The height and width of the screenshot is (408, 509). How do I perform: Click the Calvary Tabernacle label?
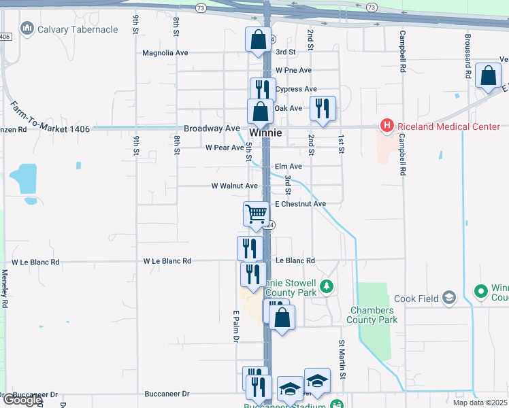78,29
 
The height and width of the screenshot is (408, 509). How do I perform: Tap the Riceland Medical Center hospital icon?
387,126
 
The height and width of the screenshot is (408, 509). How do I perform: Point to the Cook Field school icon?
449,297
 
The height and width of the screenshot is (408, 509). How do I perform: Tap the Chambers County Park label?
373,315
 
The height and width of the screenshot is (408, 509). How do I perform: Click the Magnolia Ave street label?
165,52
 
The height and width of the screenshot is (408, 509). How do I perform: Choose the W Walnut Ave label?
234,186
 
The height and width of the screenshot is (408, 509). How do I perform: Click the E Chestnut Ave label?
300,204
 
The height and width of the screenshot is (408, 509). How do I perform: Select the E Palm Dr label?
237,326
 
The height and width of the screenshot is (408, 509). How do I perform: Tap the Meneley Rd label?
4,288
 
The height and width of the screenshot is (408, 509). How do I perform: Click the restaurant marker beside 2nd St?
322,108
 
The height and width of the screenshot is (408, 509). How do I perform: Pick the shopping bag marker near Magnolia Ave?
259,40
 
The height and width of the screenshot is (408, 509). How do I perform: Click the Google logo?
22,400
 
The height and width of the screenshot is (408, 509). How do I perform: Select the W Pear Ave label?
224,148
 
